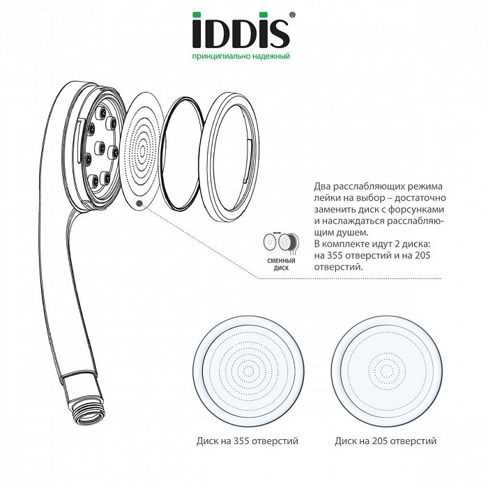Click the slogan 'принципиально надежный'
point(241,56)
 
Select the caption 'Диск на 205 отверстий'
point(386,441)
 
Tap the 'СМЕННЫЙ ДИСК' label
point(282,263)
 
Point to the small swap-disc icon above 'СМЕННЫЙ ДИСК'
point(282,243)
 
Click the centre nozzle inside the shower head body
point(99,147)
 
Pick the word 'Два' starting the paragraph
point(324,188)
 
